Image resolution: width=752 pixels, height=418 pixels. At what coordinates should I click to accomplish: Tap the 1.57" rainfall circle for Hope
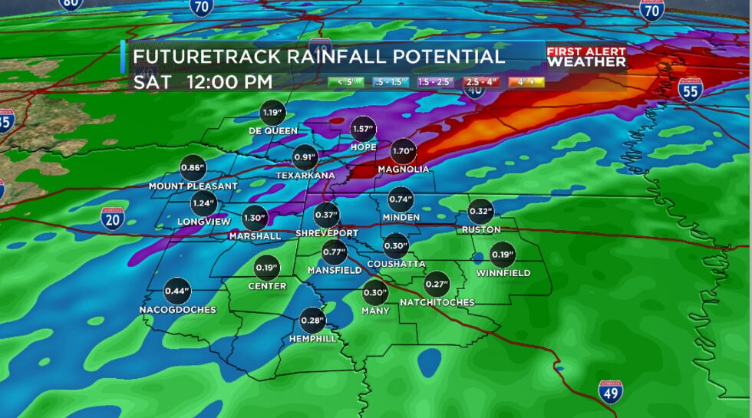pos(364,130)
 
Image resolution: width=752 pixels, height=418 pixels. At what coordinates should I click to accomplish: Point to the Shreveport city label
pos(327,233)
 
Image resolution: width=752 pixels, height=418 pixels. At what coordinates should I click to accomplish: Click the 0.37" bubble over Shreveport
pos(327,216)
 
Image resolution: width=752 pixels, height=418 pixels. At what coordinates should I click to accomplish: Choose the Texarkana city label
pos(305,176)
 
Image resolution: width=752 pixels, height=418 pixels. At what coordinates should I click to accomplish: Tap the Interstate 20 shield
pos(112,219)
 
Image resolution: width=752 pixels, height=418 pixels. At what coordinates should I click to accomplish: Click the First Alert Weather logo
pos(586,57)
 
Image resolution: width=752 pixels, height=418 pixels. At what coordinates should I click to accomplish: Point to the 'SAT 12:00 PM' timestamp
pos(203,82)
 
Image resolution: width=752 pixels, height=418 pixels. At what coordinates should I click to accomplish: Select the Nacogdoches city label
pos(177,310)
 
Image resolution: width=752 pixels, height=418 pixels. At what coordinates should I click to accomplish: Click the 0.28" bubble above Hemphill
pos(313,321)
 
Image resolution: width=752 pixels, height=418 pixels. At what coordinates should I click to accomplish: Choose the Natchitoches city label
pos(437,302)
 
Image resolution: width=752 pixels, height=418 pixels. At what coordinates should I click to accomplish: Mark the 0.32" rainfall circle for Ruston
pos(481,212)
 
